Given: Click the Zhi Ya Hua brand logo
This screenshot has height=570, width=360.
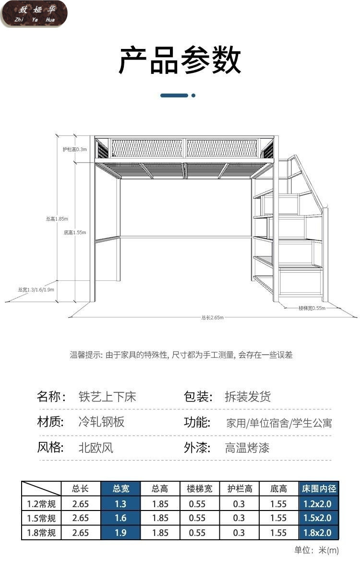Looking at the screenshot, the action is [x=34, y=14].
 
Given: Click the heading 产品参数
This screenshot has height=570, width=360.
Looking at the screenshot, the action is [x=180, y=61].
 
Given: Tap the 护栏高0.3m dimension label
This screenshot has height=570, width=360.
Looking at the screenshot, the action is [x=74, y=149].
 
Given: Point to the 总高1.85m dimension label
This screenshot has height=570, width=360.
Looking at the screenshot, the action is [x=57, y=219].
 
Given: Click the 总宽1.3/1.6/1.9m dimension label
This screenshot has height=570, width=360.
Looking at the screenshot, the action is [x=36, y=289].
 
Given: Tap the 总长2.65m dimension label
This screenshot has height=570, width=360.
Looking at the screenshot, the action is [x=213, y=317].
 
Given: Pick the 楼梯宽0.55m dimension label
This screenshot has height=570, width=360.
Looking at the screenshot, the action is [x=312, y=308].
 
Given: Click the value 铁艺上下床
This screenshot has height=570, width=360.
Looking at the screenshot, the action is [x=108, y=397].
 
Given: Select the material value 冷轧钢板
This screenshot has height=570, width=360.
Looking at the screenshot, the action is [x=101, y=422].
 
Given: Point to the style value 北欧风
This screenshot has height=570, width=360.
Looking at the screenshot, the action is [x=96, y=448].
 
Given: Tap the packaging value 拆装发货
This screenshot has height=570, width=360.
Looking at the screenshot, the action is [x=248, y=397].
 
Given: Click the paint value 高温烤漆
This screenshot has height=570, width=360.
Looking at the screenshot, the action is [x=247, y=448].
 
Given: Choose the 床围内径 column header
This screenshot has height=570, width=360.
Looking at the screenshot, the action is [x=319, y=489].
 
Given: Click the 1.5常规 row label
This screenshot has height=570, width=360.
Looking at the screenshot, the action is [x=41, y=518].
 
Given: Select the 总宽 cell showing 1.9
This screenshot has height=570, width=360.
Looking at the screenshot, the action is [x=120, y=533].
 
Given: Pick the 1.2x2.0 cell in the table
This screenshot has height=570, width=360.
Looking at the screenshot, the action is [x=319, y=504].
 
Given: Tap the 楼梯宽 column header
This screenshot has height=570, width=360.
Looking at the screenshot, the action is [x=199, y=489].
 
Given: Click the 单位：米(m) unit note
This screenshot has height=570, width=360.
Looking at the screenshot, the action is [x=316, y=550].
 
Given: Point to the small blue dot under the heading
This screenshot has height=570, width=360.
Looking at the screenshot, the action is [x=193, y=95].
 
